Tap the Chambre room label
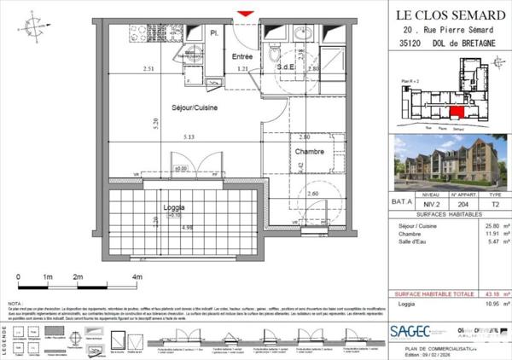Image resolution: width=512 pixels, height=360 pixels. tap(310, 152)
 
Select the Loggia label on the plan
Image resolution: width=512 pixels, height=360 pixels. tap(174, 208)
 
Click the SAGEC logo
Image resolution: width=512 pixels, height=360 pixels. tap(410, 329)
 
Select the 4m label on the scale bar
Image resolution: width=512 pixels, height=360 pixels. tap(137, 278)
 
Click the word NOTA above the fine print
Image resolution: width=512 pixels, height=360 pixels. tap(15, 303)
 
